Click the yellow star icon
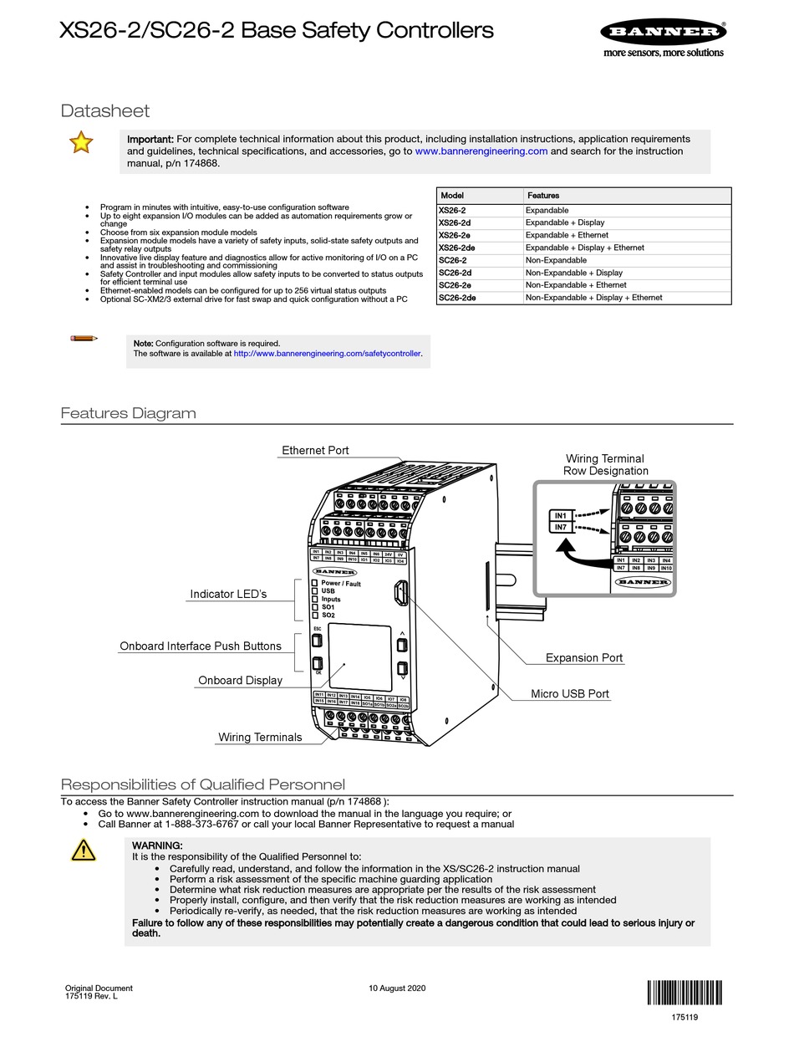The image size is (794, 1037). click(81, 143)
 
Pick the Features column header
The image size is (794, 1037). click(543, 195)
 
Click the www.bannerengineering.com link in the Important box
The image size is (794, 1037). click(481, 151)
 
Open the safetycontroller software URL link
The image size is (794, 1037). click(328, 354)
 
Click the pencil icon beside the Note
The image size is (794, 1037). click(84, 338)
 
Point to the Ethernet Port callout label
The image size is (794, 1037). click(315, 450)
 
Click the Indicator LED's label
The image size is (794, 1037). click(228, 594)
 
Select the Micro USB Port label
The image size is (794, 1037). click(570, 694)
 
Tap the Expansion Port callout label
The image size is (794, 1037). click(584, 657)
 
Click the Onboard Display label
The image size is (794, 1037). click(240, 680)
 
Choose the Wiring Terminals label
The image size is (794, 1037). click(260, 737)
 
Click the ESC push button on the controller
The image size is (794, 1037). click(317, 641)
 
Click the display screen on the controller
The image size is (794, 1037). click(359, 656)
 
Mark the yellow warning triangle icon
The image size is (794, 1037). click(84, 851)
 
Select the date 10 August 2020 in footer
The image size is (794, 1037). click(397, 988)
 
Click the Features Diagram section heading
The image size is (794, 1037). click(129, 413)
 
